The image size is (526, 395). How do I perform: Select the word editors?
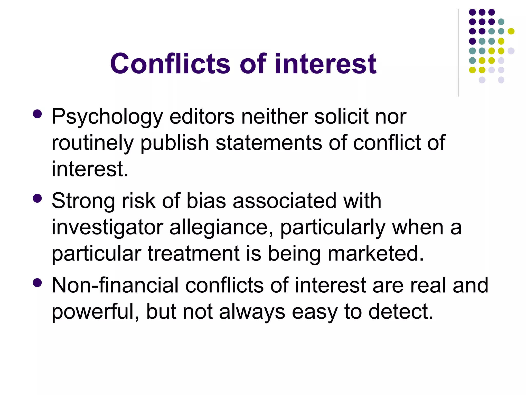tap(202, 116)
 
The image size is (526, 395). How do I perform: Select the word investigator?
tap(107, 228)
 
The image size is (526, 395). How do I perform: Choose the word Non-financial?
tap(115, 285)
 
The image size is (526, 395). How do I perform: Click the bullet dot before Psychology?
tap(37, 114)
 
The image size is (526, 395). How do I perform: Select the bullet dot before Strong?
tap(37, 198)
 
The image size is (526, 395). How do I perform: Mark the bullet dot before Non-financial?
tap(37, 283)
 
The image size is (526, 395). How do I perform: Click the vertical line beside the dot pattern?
tap(458, 53)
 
